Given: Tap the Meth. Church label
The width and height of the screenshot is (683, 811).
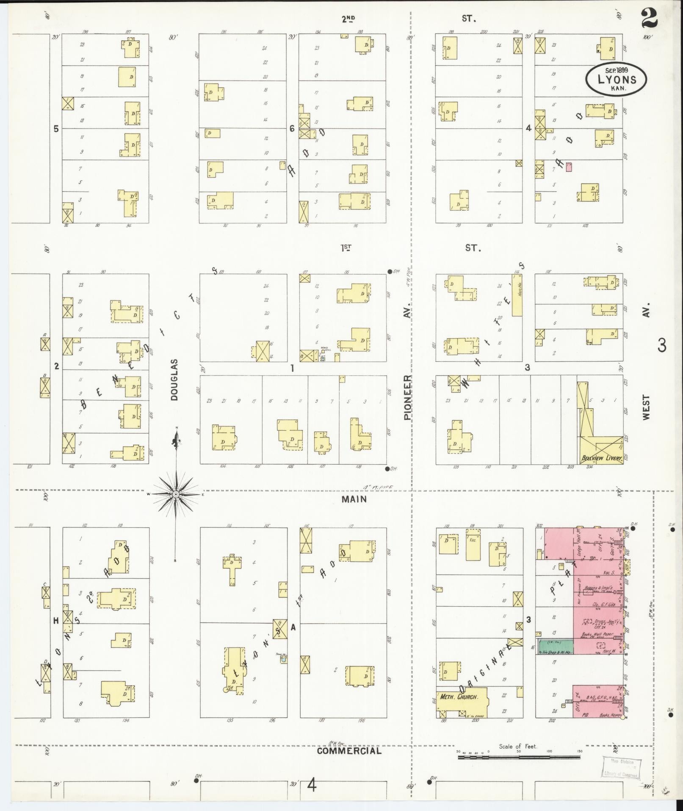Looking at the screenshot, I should pos(459,697).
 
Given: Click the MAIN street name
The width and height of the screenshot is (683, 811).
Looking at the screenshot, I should pos(355,499).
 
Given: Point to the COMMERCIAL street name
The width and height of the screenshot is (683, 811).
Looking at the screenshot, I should pos(349,751).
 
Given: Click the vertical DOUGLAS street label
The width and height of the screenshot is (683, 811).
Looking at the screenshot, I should pos(175,380).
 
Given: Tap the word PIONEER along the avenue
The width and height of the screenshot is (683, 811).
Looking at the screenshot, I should pos(407,397).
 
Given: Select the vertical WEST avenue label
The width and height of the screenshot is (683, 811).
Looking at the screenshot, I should pos(645,407).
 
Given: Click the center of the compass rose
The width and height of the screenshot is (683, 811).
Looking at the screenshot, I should pos(175,494).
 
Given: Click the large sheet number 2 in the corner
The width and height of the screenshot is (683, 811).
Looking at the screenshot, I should pos(649,18).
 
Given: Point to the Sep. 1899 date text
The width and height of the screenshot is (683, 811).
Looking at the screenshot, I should pos(616,70).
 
